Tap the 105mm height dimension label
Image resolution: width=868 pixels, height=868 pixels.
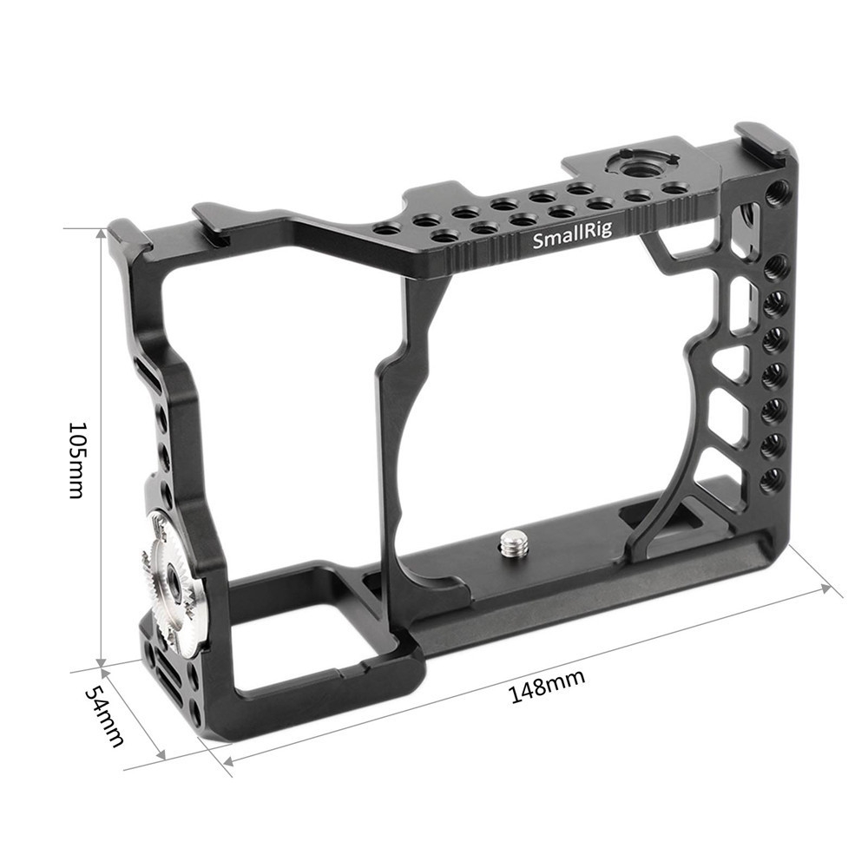point(76,459)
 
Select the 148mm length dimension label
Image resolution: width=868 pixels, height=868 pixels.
point(547,686)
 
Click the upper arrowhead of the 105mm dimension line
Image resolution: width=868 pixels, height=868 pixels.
point(101,233)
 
